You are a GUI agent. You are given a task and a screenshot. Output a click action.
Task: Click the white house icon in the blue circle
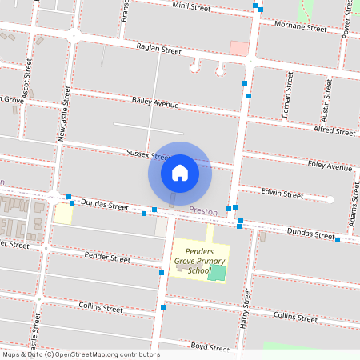pos(180,173)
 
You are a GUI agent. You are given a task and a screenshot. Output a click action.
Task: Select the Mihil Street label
pos(191,6)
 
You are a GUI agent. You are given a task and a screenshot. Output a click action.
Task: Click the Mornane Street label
pos(300,28)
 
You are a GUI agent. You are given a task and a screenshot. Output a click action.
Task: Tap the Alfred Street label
pos(334,130)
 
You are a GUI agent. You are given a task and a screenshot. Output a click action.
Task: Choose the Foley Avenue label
pos(330,167)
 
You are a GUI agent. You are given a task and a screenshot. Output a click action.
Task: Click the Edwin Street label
pos(282,194)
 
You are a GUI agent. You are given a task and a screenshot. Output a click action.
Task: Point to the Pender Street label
pos(106,258)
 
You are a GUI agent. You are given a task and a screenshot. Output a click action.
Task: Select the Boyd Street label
pos(210,347)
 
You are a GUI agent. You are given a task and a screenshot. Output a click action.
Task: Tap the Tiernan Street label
pos(286,94)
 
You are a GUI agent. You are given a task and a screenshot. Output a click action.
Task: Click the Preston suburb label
pos(203,210)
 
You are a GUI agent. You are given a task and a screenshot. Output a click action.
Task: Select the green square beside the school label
pos(218,273)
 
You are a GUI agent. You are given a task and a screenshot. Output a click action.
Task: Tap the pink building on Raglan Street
pos(238,48)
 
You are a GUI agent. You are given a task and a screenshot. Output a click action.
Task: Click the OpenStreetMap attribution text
pos(80,354)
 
